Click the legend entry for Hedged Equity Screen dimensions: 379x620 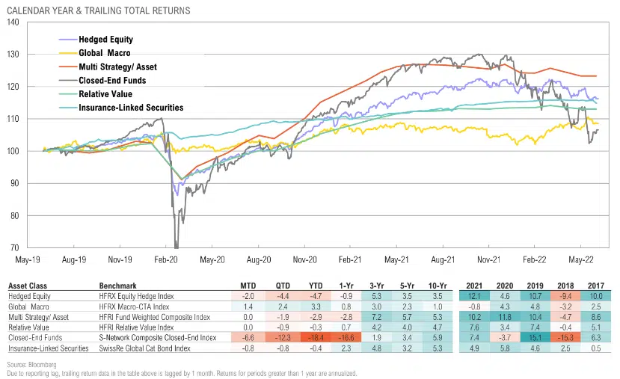(107, 39)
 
